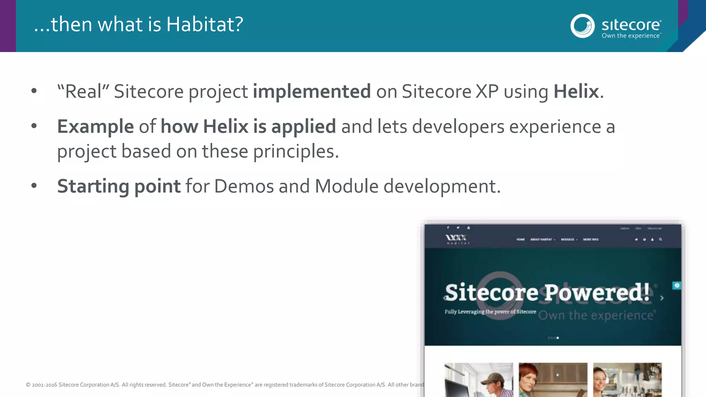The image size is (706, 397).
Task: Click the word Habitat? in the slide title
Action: (x=205, y=24)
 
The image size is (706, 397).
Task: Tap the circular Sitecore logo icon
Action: (x=582, y=26)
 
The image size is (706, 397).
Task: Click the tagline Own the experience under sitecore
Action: (x=631, y=36)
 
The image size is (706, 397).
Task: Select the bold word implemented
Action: (x=312, y=92)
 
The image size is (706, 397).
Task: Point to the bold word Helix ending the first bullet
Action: (x=576, y=92)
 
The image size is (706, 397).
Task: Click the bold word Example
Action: (x=95, y=126)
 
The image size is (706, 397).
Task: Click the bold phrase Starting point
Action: (x=119, y=186)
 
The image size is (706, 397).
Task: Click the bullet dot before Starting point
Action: (x=34, y=185)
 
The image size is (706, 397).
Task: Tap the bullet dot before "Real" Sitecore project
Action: (x=34, y=91)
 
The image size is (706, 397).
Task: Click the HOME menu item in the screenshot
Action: (x=521, y=240)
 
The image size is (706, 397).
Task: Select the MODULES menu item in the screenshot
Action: (x=568, y=240)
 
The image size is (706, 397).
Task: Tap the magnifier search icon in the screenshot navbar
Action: (x=660, y=239)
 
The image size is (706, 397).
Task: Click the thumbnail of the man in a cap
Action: (x=478, y=379)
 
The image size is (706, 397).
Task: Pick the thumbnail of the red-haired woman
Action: (x=553, y=379)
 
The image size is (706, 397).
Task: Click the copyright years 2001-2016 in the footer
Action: (x=44, y=385)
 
